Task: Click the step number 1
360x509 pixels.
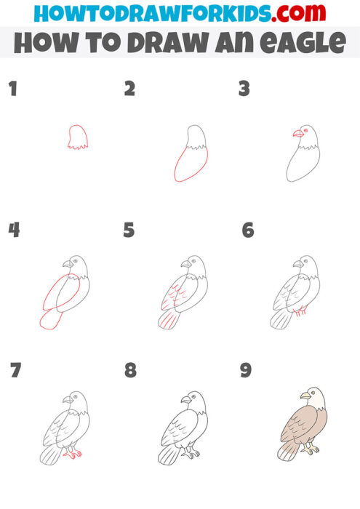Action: click(12, 89)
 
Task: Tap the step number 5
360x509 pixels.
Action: click(129, 231)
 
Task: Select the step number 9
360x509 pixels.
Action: click(246, 370)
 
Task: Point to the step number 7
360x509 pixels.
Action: click(15, 370)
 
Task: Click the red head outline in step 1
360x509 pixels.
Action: click(77, 137)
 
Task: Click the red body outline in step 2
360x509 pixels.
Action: click(188, 164)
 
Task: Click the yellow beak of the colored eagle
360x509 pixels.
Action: click(305, 396)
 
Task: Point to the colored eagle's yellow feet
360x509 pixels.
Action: click(313, 449)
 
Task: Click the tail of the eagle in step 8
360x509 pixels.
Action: click(168, 456)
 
